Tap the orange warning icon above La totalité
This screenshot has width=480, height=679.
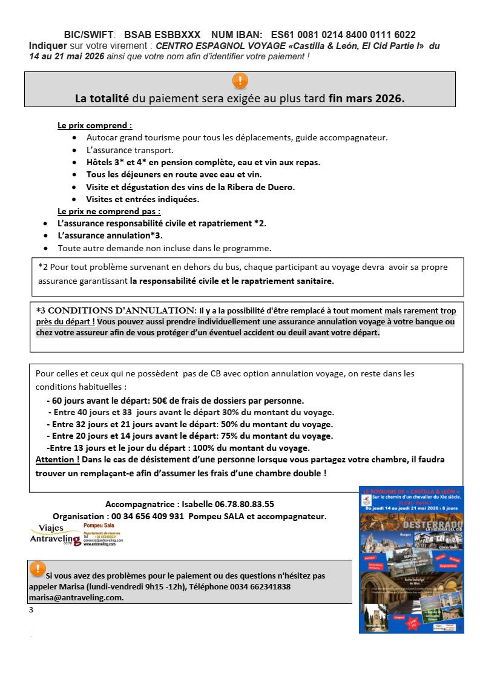[x=240, y=81]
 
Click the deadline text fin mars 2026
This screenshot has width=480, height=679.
[x=366, y=98]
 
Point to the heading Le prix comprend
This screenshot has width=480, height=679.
[x=95, y=126]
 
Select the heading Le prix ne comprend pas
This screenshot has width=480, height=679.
[x=109, y=211]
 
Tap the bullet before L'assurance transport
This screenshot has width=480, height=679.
[x=74, y=150]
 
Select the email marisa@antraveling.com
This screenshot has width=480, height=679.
[x=76, y=597]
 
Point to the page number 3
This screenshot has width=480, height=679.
[x=31, y=610]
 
